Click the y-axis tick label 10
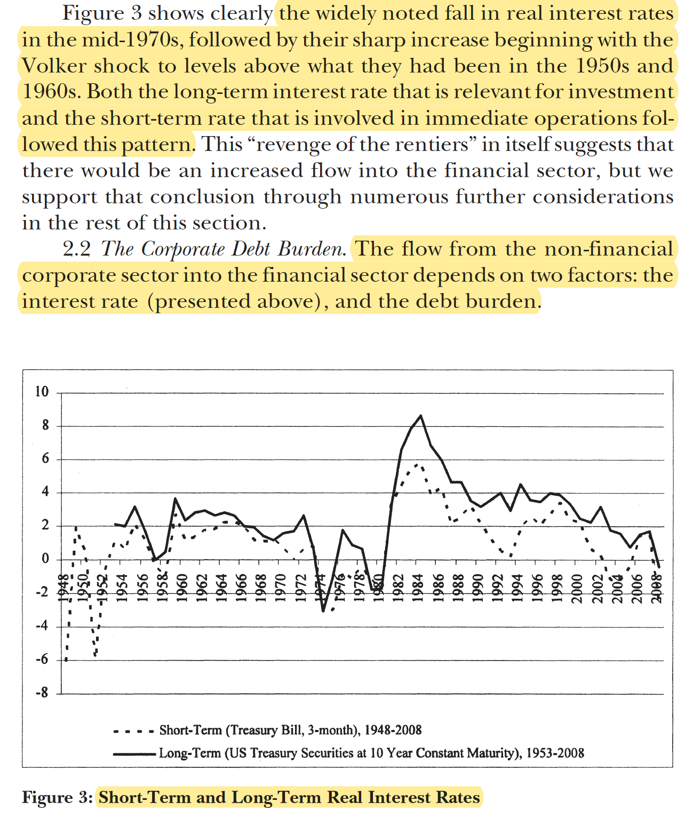(x=42, y=392)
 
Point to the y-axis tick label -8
(x=41, y=693)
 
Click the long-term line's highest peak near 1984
(x=421, y=416)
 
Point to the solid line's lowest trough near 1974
(x=323, y=611)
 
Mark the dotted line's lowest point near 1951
(x=95, y=655)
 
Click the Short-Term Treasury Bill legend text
(x=290, y=730)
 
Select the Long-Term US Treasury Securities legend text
(x=371, y=753)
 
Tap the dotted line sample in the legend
(x=133, y=730)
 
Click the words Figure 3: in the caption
(x=57, y=797)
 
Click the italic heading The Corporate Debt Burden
(x=224, y=249)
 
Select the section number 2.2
(x=77, y=249)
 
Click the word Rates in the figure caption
(x=458, y=797)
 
